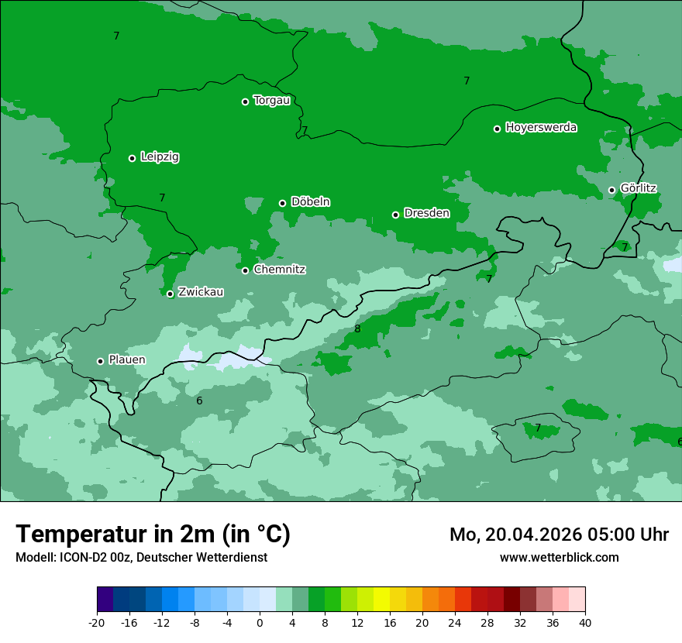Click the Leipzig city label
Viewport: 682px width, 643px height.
point(160,157)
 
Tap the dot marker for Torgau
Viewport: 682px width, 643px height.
point(245,101)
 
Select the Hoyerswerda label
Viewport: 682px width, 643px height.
point(541,128)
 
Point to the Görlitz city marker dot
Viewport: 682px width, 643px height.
point(611,190)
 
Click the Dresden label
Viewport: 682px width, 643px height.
point(426,213)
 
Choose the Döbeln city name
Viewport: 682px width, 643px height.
point(310,202)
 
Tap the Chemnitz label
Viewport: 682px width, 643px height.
point(279,270)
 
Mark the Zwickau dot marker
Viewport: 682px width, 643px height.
point(170,294)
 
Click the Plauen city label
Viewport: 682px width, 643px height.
point(126,360)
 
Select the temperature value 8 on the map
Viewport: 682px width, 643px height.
point(357,329)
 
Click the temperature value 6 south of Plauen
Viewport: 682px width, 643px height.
point(199,401)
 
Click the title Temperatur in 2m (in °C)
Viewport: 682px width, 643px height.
point(153,534)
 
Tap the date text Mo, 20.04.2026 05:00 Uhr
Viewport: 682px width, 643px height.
point(559,535)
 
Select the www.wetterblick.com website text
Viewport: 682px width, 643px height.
point(559,557)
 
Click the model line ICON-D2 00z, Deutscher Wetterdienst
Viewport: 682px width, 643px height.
point(141,557)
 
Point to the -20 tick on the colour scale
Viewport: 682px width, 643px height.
point(97,623)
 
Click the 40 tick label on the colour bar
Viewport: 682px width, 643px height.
point(584,623)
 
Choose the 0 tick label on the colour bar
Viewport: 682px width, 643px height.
point(260,623)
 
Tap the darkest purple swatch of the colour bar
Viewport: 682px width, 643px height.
point(105,600)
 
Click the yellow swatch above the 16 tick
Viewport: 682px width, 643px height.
point(381,600)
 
